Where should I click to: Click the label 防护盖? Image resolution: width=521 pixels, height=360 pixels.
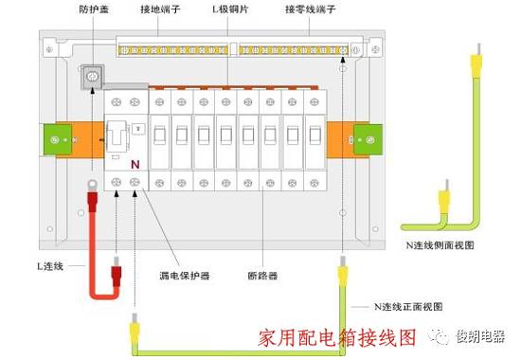coord(94,9)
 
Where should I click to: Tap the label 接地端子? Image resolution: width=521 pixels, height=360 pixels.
coord(160,9)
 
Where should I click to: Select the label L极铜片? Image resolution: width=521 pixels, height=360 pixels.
coord(230,9)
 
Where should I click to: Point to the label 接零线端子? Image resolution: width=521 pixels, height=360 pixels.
coord(311,9)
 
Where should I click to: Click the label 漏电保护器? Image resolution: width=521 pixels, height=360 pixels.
coord(185,276)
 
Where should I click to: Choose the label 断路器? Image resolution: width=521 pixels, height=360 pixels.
coord(262,276)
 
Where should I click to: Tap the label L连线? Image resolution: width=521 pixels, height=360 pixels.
coord(50,266)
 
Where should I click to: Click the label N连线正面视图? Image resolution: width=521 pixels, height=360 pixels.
coord(408,306)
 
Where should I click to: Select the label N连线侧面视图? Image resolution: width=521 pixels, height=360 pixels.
coord(440,245)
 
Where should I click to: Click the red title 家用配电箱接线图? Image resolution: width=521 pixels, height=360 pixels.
coord(337,337)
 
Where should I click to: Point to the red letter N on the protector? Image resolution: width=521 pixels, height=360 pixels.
coord(135,164)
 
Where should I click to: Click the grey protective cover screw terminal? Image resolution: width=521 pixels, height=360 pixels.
coord(93,77)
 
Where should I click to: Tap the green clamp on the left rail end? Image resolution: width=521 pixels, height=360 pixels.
coord(58,140)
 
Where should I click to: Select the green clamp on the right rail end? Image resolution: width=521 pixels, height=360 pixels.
coord(368,140)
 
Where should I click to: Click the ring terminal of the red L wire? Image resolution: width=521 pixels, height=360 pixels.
coord(92,184)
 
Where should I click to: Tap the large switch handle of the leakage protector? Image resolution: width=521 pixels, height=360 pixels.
coord(117,135)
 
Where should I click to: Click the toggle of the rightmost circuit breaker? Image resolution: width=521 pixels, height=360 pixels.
coord(314,135)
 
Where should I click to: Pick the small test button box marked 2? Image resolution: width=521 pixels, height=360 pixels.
coord(138,129)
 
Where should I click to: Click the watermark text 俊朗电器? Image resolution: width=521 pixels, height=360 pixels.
coord(480,336)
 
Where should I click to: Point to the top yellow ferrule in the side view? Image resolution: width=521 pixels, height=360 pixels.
coord(476,64)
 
